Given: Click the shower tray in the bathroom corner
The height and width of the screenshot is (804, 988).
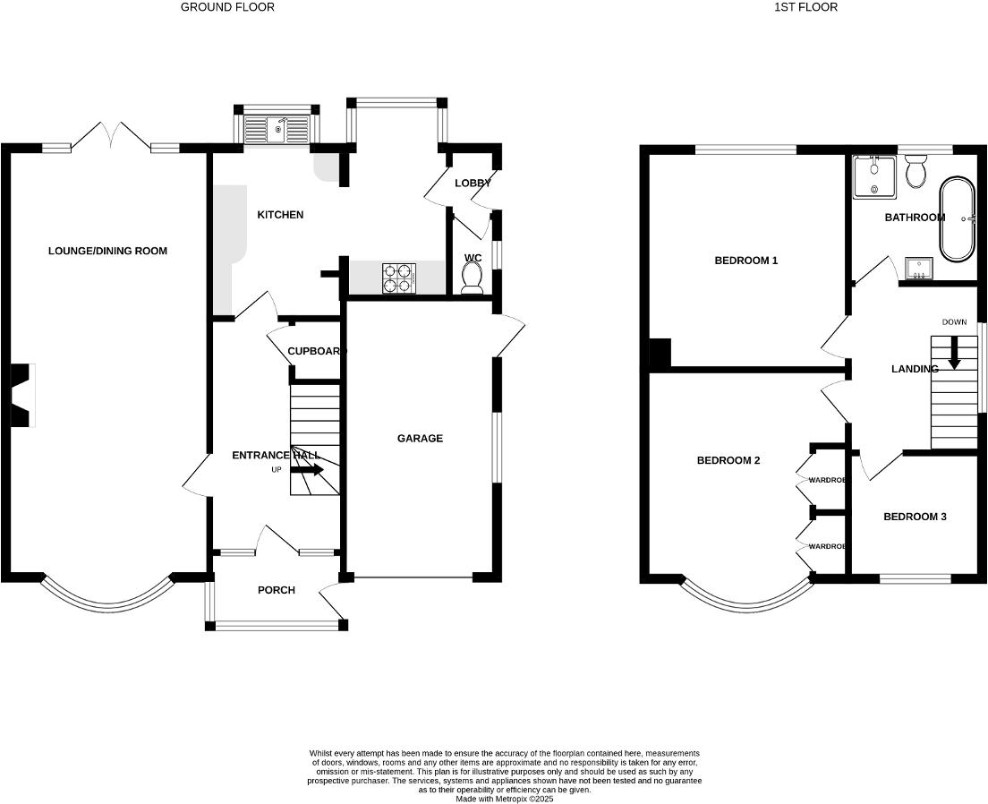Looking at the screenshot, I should [x=873, y=176].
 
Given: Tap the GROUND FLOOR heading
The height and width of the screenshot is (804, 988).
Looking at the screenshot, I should [x=227, y=7].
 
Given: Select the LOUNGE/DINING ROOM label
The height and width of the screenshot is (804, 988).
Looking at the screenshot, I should [x=107, y=251].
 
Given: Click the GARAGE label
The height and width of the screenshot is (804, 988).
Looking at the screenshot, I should [x=420, y=438].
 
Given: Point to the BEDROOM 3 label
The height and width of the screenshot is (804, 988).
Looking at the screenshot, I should [x=915, y=517].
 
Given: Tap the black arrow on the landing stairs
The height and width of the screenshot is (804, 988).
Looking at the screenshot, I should [x=954, y=352].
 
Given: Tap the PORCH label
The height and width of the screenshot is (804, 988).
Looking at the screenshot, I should [x=276, y=590].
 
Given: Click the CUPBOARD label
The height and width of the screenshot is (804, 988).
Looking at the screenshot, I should [x=317, y=351].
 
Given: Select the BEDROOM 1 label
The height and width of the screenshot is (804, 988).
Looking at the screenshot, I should [x=745, y=261].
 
